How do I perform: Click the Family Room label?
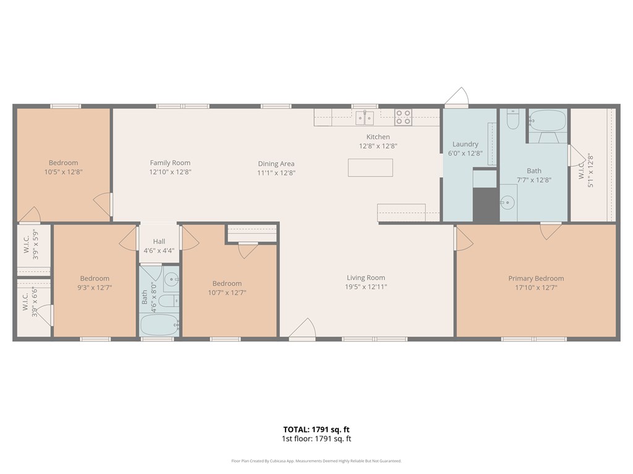(170, 163)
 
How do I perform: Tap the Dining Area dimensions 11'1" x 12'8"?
(276, 173)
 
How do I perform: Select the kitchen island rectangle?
(370, 168)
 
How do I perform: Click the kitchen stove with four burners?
(403, 117)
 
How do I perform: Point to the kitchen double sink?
(365, 118)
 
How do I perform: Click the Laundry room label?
(465, 144)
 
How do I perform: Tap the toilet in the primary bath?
(512, 119)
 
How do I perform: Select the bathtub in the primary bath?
(548, 120)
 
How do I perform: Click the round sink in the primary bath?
(508, 202)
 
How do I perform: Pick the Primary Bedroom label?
(536, 278)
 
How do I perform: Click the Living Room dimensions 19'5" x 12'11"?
(366, 287)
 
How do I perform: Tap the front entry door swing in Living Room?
(303, 328)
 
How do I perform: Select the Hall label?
(159, 241)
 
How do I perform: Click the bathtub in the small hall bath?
(159, 325)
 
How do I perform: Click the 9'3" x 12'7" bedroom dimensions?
(95, 288)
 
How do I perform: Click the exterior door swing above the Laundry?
(457, 97)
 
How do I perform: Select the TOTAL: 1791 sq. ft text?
(316, 430)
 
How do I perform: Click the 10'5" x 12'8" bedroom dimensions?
(64, 172)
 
